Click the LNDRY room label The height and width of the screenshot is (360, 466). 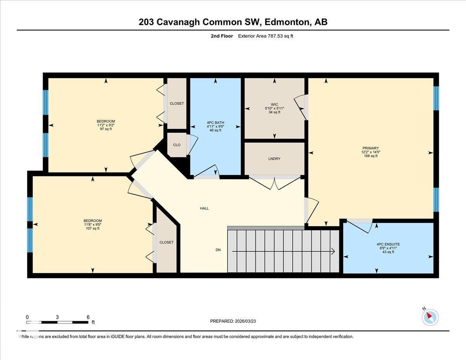pos(274,159)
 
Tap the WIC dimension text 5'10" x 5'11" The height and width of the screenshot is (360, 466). pos(274,108)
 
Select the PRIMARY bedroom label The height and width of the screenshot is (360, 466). pos(370,148)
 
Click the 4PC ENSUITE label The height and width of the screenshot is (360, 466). pos(388,244)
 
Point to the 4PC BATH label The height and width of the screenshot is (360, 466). pos(215,123)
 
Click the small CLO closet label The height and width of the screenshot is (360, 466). pos(177,145)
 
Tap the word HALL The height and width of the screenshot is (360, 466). pos(204,209)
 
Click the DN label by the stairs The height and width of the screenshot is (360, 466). pos(218,250)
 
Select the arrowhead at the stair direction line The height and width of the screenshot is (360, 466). pos(333,252)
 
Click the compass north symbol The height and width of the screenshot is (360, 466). pos(430,317)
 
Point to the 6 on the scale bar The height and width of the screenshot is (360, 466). pos(88,317)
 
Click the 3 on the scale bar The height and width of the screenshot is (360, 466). pos(57,317)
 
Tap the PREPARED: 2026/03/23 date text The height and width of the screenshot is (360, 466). pos(233,322)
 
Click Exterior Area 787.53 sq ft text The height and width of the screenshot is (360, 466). pos(268,36)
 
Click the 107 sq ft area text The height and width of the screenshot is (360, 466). pos(92,228)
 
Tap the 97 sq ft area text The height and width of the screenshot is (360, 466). pos(106,129)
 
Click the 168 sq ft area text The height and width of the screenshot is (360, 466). pos(370,156)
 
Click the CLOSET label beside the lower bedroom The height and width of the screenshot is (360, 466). pos(166,242)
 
